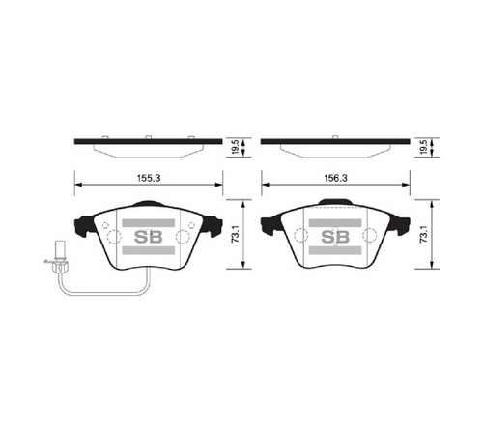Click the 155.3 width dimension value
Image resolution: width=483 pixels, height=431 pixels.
coord(149,178)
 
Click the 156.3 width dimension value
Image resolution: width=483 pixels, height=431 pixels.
coord(335,178)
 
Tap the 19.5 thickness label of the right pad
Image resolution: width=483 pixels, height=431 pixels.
coord(423,147)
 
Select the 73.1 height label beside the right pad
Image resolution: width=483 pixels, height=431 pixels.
coord(423,234)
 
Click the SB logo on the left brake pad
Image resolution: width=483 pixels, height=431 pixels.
coord(149,237)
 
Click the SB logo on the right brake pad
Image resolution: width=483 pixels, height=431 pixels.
coord(335,237)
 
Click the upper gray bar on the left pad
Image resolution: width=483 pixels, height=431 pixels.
coord(149,223)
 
